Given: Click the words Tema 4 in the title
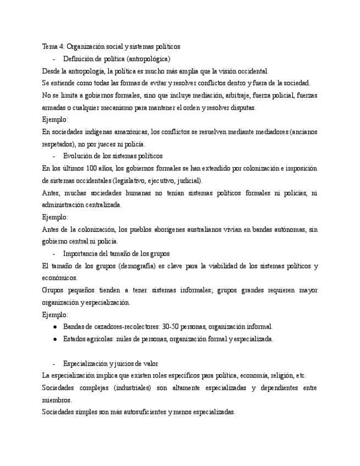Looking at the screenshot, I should [53, 47].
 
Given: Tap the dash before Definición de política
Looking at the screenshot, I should [53, 59].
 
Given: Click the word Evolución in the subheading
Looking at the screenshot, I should [78, 156].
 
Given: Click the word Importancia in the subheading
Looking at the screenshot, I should [81, 253].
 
